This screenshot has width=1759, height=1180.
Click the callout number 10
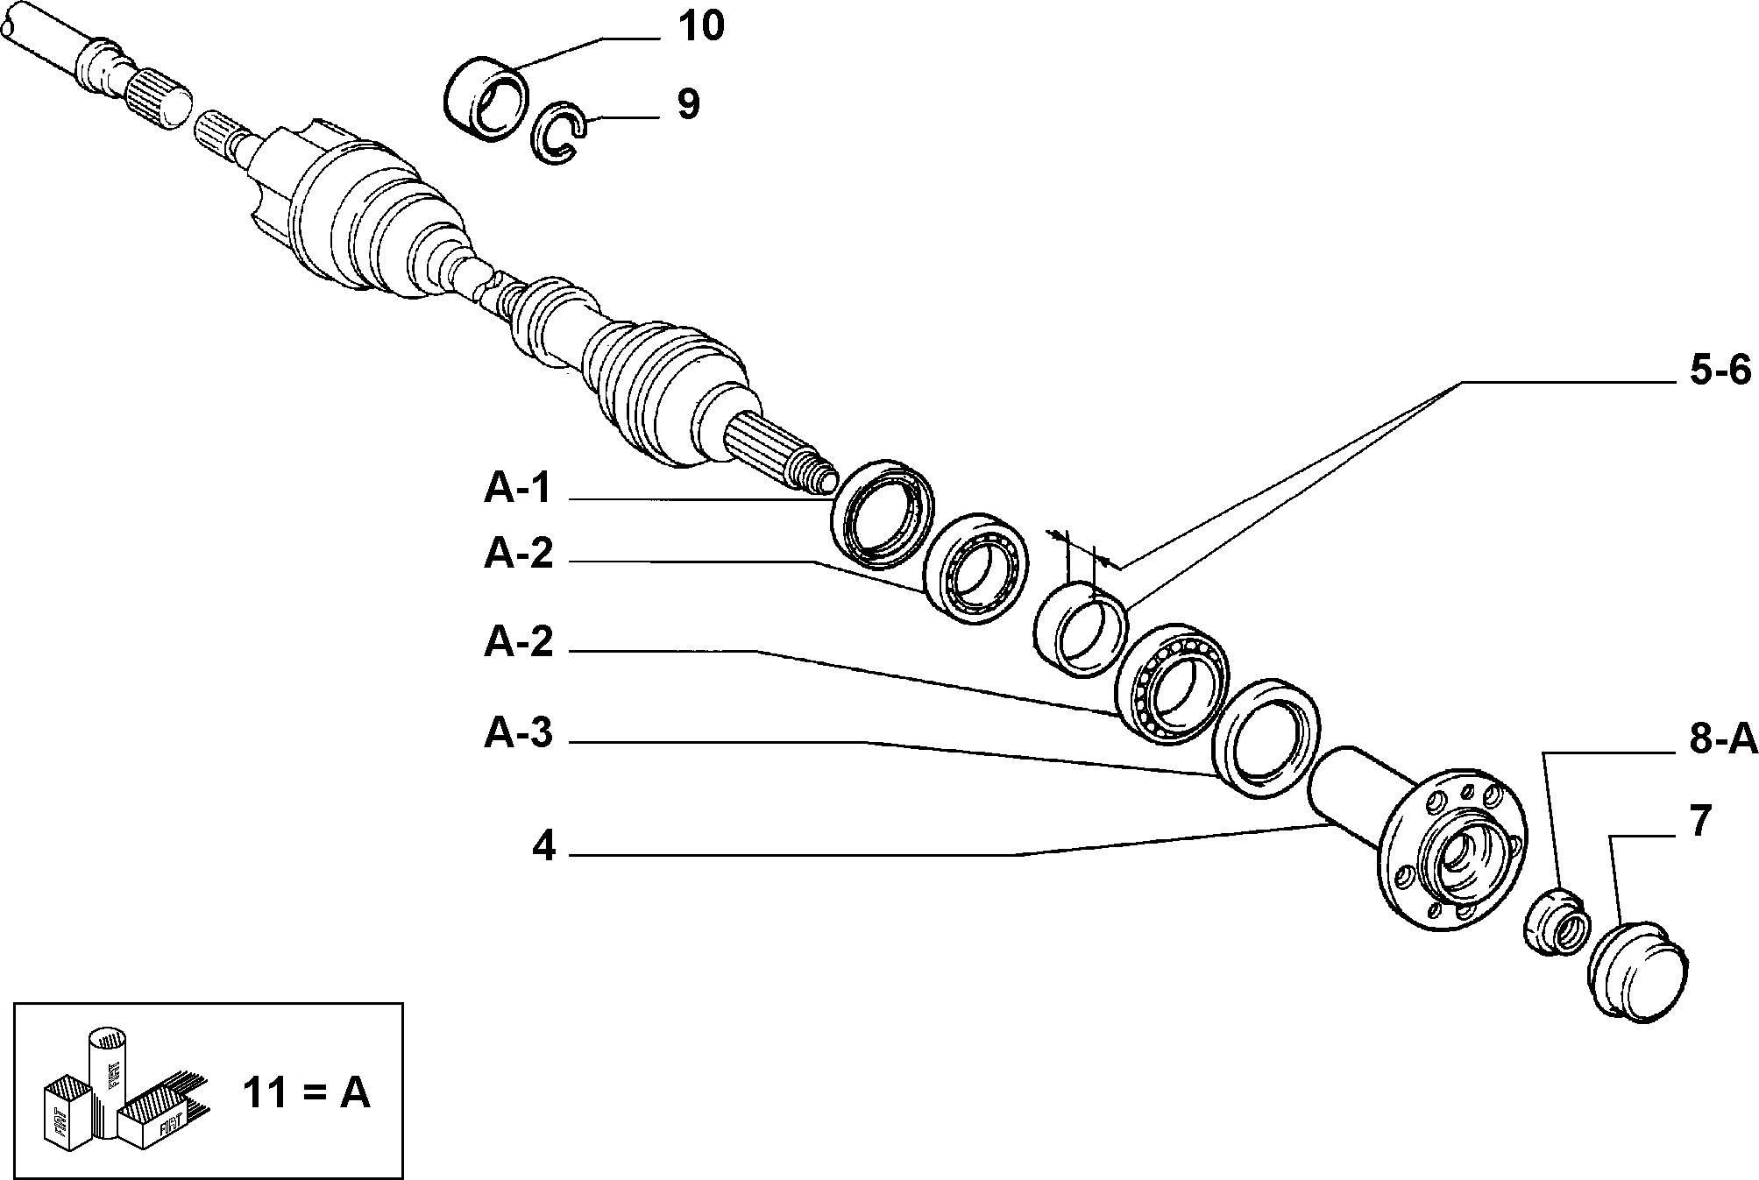pyautogui.click(x=700, y=27)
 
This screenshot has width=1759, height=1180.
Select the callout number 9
pyautogui.click(x=688, y=104)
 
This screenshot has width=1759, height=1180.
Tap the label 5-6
pyautogui.click(x=1720, y=371)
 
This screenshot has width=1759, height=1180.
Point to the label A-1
pyautogui.click(x=518, y=488)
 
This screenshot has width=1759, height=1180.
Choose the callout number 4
pyautogui.click(x=543, y=846)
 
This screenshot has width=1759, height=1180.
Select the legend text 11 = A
pyautogui.click(x=306, y=1093)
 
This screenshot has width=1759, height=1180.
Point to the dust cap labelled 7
pyautogui.click(x=1637, y=972)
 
